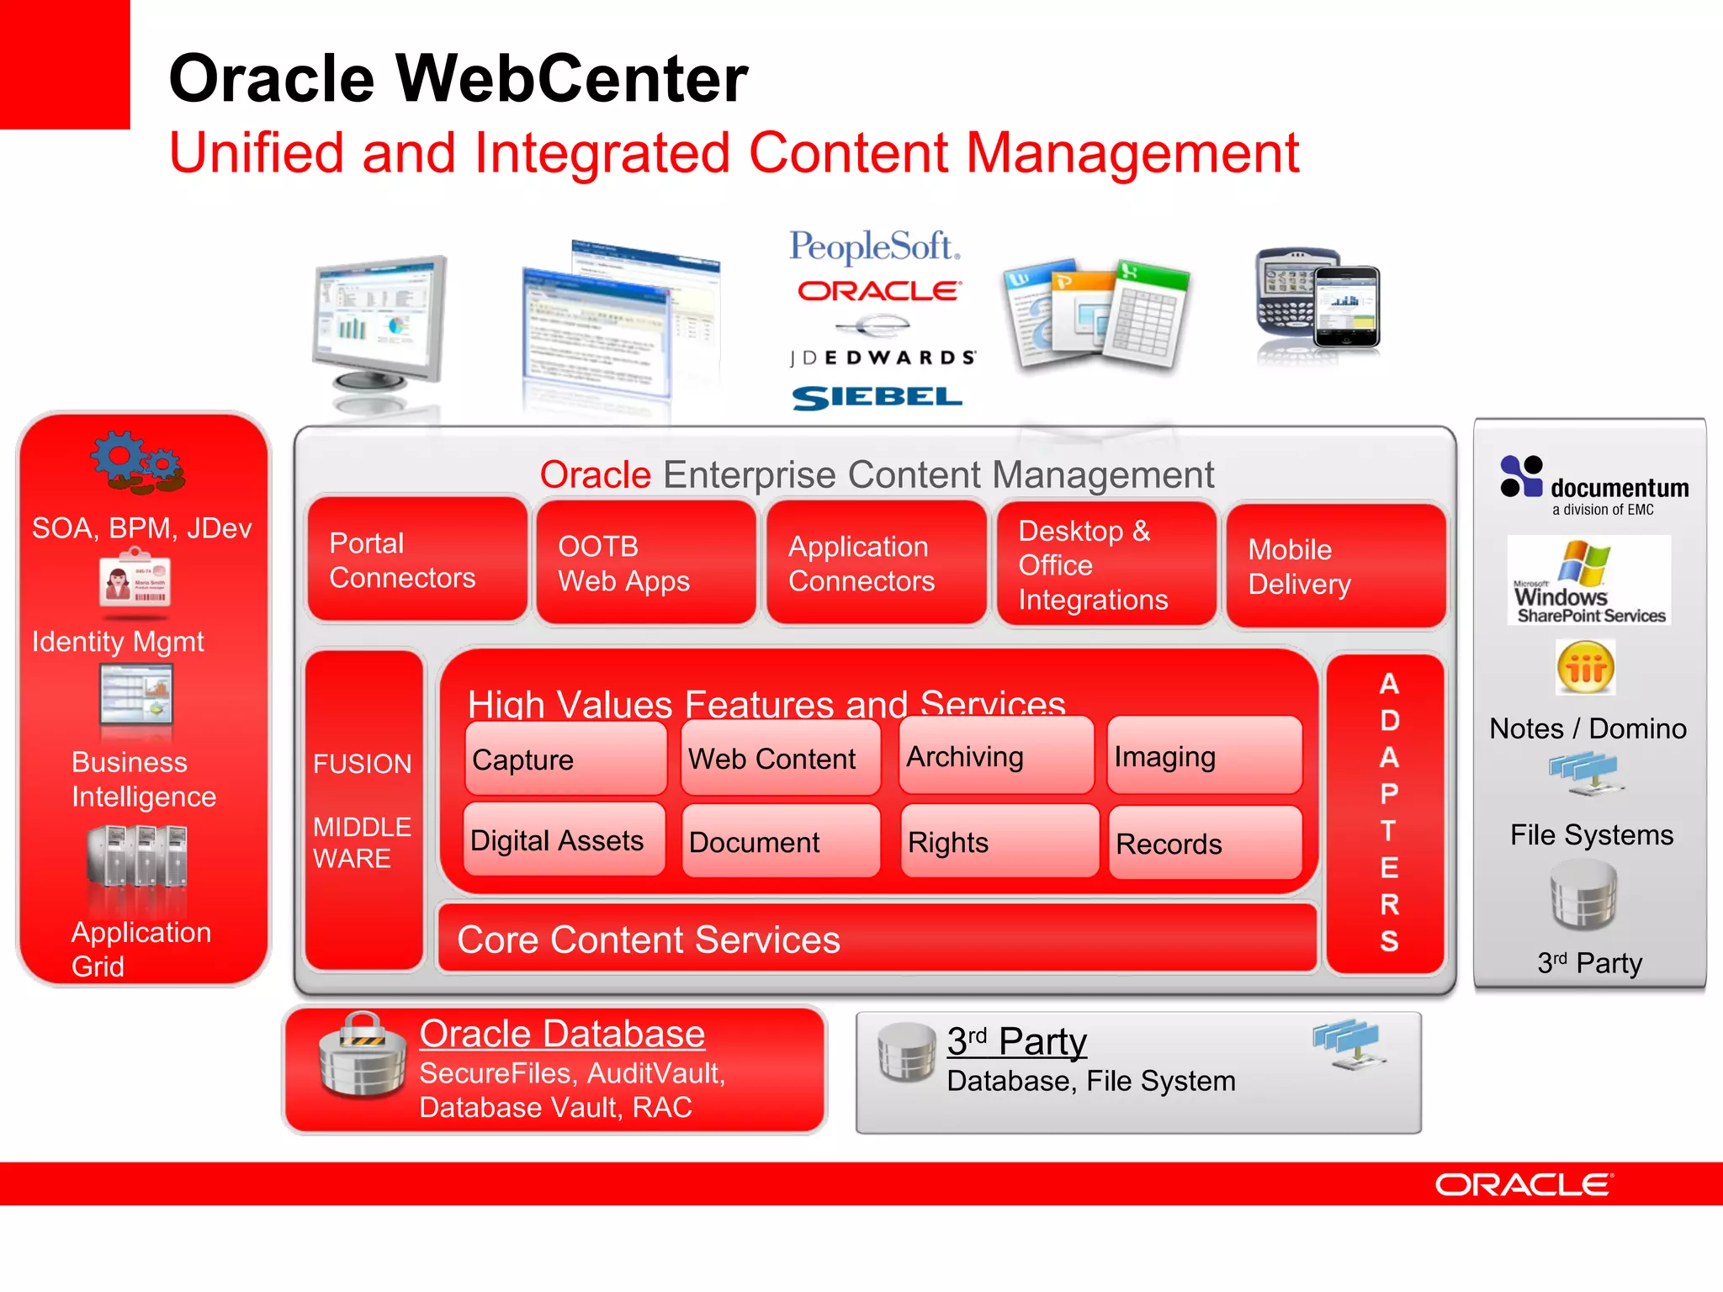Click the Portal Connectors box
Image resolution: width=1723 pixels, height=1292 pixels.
416,560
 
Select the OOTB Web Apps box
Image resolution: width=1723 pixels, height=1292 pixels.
645,563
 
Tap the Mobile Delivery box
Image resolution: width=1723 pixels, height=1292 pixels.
1335,565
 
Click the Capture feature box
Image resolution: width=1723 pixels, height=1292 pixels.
565,759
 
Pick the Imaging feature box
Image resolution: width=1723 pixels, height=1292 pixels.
1203,756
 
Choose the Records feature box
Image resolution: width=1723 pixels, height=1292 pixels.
1204,843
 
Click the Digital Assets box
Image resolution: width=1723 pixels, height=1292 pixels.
563,839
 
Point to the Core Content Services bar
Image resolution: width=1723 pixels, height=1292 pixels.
876,939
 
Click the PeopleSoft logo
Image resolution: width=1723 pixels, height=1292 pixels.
874,247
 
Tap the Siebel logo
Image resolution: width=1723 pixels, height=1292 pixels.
877,398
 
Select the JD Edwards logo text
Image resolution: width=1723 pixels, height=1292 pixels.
882,357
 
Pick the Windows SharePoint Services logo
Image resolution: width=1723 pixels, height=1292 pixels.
1588,580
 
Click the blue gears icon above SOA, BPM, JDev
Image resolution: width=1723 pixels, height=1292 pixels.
138,462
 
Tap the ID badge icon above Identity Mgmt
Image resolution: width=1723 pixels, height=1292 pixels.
135,579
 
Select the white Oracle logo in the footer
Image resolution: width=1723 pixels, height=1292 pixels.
1523,1184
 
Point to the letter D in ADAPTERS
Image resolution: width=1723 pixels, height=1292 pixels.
1389,720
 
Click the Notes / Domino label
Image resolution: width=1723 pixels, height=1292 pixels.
1588,728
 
